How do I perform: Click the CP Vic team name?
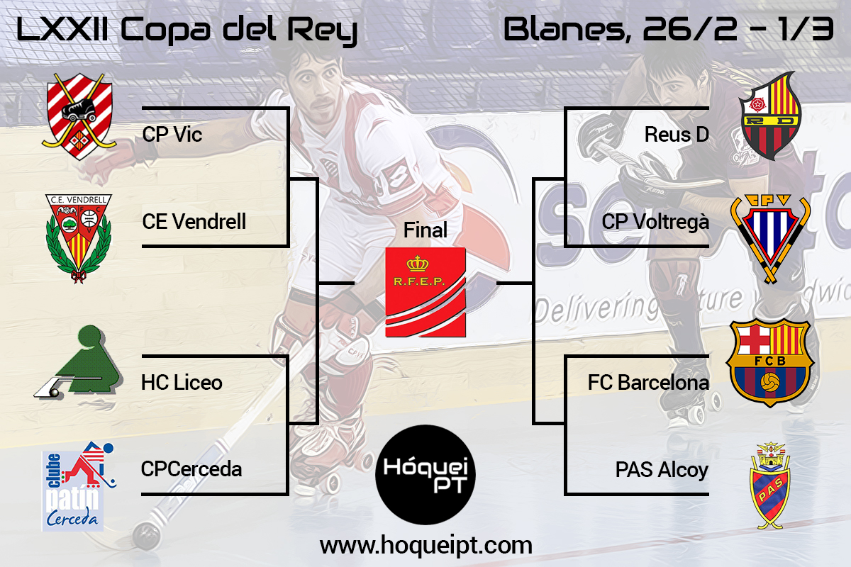[x=172, y=135]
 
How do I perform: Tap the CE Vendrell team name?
[x=194, y=221]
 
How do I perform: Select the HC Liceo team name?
[x=182, y=383]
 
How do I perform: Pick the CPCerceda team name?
[x=191, y=469]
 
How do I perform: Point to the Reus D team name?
[x=677, y=135]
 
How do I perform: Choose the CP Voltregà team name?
[x=655, y=222]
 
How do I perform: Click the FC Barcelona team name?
[x=648, y=383]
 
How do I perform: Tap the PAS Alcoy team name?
[x=662, y=470]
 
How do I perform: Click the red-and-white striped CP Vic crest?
[x=79, y=116]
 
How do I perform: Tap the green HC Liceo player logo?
[x=79, y=362]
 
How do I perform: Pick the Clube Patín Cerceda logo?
[x=78, y=486]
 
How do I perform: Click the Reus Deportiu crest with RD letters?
[x=769, y=116]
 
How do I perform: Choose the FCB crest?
[x=770, y=363]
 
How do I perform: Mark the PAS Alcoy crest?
[x=770, y=485]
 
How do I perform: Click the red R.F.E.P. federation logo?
[x=425, y=293]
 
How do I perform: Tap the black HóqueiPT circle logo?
[x=425, y=475]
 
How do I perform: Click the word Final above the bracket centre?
[x=425, y=230]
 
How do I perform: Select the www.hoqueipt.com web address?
[x=426, y=546]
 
